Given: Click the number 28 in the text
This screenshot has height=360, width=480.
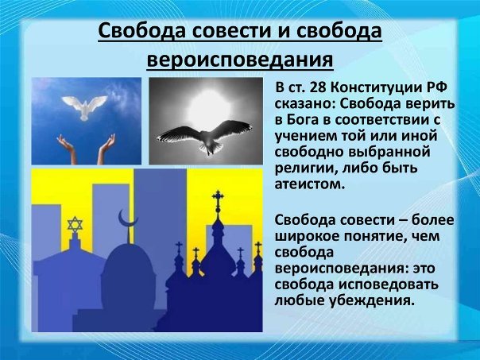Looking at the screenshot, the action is point(319,87).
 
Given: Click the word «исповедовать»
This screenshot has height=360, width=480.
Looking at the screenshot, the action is point(388,285).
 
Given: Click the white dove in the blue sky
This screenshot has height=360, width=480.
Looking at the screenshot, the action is point(84,106).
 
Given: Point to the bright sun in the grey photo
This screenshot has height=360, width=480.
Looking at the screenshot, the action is point(209,106).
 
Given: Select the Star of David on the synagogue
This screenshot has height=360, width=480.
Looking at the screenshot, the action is point(75,224).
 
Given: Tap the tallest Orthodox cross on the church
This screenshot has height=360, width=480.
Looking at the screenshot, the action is point(218,200).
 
